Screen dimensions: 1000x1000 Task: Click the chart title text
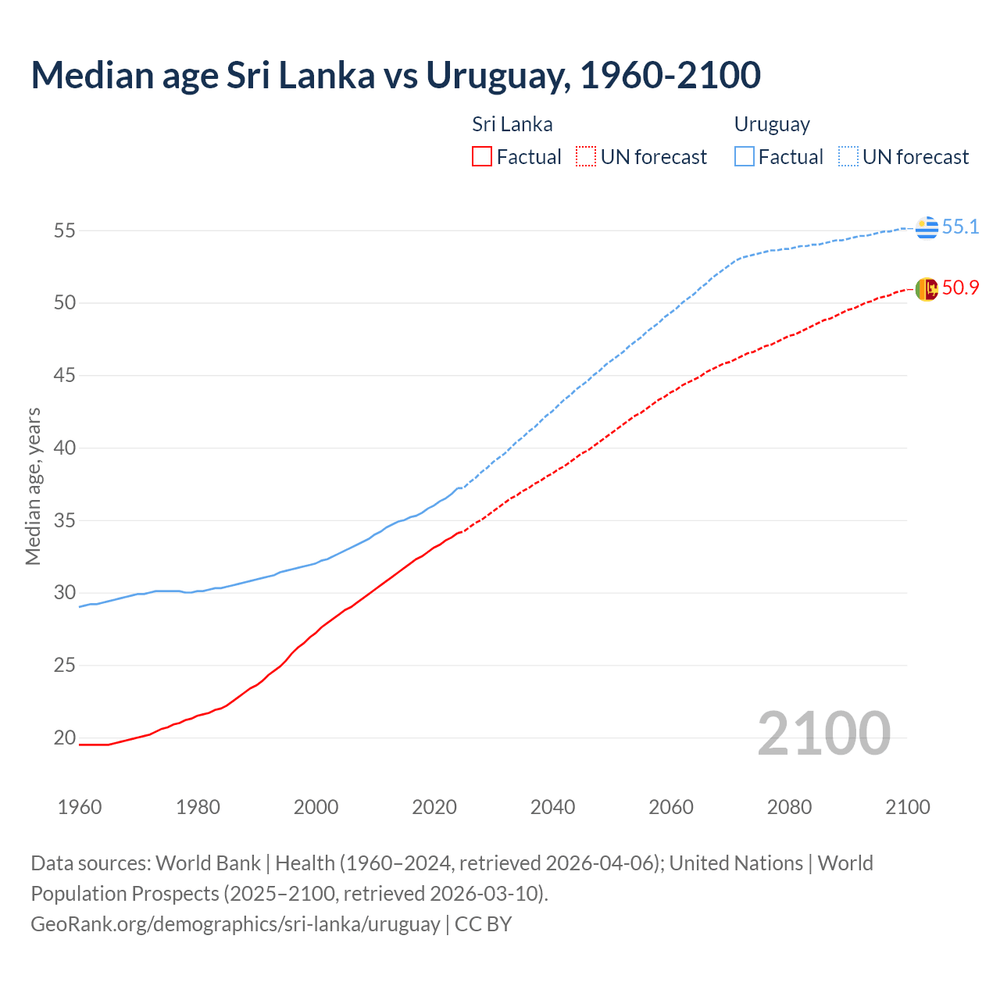pos(395,75)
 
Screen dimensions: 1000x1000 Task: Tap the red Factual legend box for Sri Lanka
pos(482,156)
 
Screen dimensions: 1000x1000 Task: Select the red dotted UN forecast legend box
pos(585,156)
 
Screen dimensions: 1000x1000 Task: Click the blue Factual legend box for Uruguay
pos(745,156)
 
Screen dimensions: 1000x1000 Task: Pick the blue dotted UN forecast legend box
pos(848,156)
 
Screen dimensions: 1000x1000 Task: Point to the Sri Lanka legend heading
pos(512,124)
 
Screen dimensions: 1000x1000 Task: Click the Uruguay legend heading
pos(772,124)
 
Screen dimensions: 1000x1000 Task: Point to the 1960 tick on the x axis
pos(80,807)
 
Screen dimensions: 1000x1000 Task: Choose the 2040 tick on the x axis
pos(552,807)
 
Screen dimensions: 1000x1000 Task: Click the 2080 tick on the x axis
pos(789,807)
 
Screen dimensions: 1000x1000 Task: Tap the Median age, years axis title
pos(33,486)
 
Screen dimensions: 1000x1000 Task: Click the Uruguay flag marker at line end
pos(927,227)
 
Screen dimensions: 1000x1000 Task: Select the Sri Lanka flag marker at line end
pos(927,289)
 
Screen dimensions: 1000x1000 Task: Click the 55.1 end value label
pos(960,227)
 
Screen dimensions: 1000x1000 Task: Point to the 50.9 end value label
pos(960,287)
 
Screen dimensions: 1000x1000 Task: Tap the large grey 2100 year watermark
pos(823,733)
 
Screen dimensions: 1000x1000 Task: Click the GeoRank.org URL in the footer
pos(235,923)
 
